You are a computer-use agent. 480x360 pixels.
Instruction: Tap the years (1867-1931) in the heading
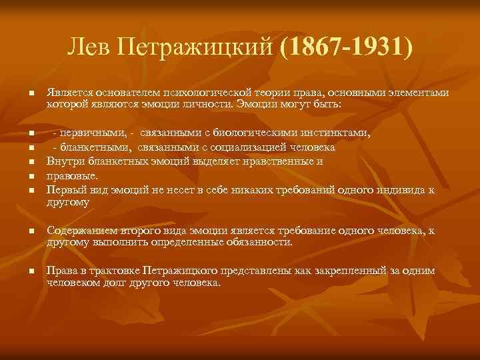click(347, 48)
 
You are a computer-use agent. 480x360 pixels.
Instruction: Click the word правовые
click(72, 176)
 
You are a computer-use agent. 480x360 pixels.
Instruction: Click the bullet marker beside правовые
click(30, 177)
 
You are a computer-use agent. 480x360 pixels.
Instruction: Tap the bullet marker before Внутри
click(30, 162)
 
